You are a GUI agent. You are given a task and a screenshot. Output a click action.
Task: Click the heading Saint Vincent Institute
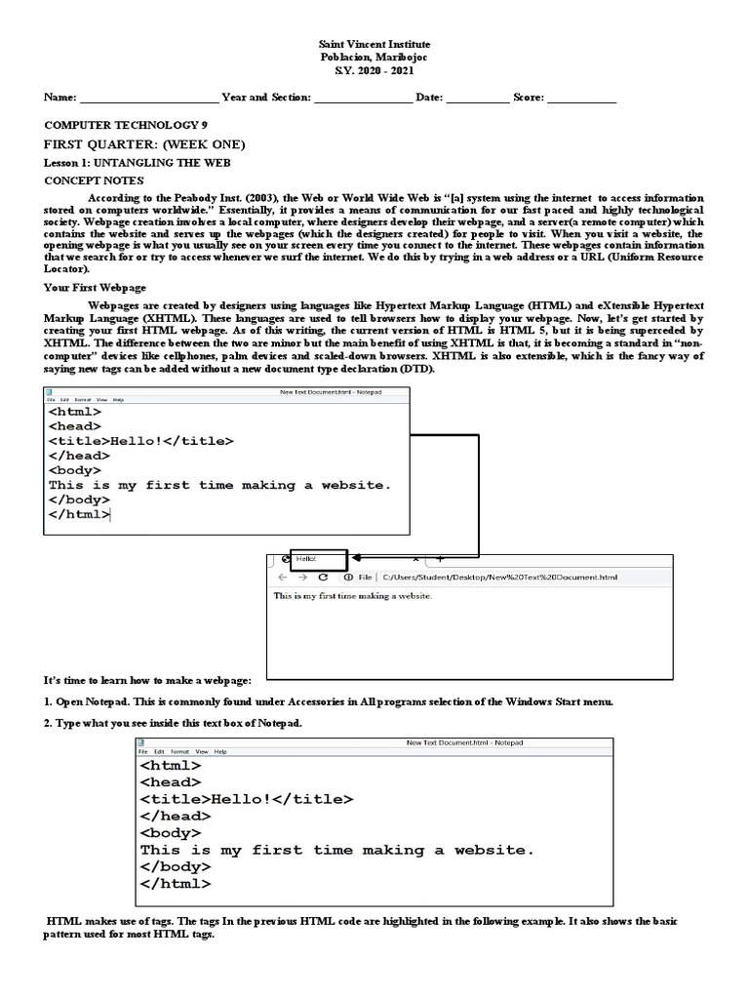coord(374,45)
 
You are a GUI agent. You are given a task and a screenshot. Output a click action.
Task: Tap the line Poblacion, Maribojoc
coord(374,58)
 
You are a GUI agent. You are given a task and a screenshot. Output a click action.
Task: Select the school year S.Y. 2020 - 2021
coord(374,70)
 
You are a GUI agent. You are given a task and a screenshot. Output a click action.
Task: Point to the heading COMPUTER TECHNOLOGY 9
coord(126,126)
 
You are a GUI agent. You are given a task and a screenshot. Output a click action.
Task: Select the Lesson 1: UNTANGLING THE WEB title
coord(138,162)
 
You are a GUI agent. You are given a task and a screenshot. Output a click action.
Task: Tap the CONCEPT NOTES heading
coord(95,180)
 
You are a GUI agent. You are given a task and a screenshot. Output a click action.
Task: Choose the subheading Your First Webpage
coord(96,288)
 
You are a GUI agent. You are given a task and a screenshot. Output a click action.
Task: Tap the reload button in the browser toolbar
coord(323,578)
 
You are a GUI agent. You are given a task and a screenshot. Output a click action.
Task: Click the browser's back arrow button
coord(281,578)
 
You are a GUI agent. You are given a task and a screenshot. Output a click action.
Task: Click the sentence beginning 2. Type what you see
coord(174,723)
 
